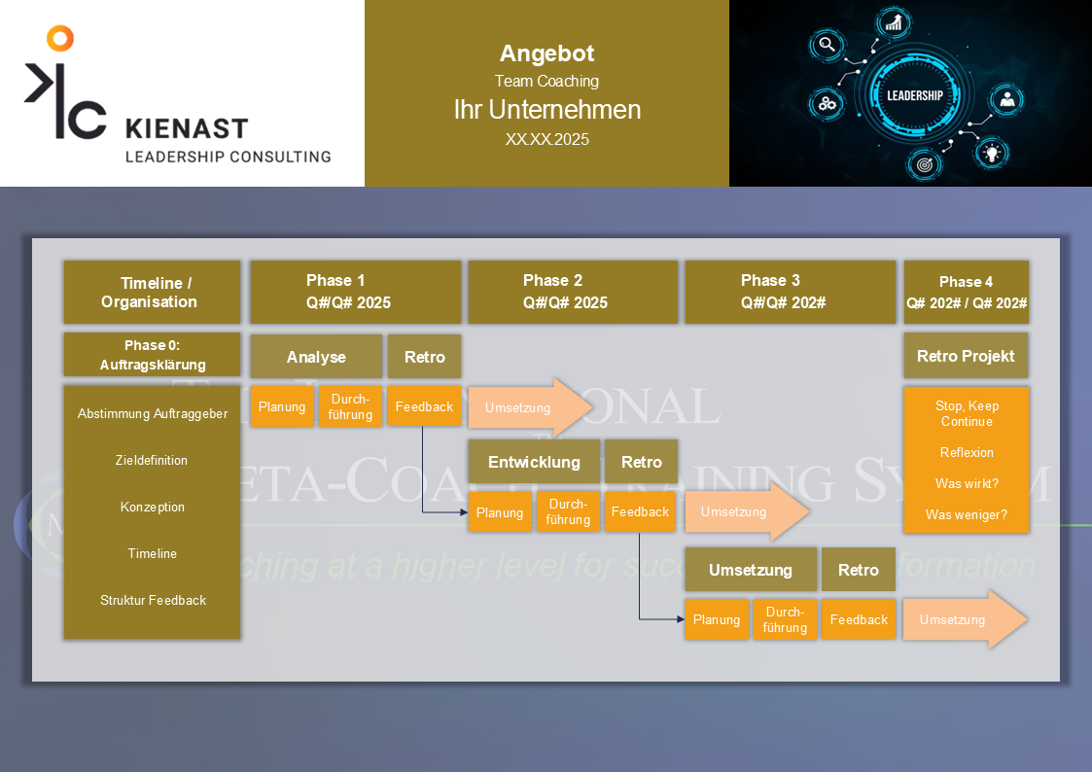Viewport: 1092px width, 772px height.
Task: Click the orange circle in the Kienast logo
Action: point(60,38)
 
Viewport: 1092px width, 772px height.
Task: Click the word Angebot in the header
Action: point(546,53)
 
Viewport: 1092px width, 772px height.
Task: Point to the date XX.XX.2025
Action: point(546,139)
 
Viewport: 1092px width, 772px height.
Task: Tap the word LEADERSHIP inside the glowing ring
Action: point(914,95)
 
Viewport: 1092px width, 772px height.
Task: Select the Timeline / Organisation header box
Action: point(152,292)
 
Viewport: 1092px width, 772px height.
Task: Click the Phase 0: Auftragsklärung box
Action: point(152,355)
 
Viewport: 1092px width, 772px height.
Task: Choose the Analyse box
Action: point(316,357)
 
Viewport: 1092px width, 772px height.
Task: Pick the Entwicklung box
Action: point(534,462)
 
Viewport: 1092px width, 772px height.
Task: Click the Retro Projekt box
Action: point(966,356)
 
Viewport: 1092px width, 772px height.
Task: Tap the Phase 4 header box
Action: point(966,292)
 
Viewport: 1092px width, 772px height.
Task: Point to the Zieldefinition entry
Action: point(152,460)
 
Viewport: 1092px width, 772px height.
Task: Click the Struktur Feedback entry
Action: point(153,600)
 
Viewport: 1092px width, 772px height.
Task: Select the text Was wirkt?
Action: point(966,483)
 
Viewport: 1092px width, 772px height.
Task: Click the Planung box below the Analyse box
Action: point(282,406)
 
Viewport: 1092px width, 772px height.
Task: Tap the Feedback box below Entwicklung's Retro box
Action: point(640,511)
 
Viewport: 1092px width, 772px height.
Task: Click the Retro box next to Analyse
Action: point(424,357)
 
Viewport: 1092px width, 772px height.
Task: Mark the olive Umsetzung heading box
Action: point(750,570)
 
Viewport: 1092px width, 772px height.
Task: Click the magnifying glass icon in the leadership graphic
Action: point(828,44)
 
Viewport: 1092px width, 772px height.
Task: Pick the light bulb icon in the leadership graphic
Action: point(991,152)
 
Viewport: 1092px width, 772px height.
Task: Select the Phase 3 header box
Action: point(790,292)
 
